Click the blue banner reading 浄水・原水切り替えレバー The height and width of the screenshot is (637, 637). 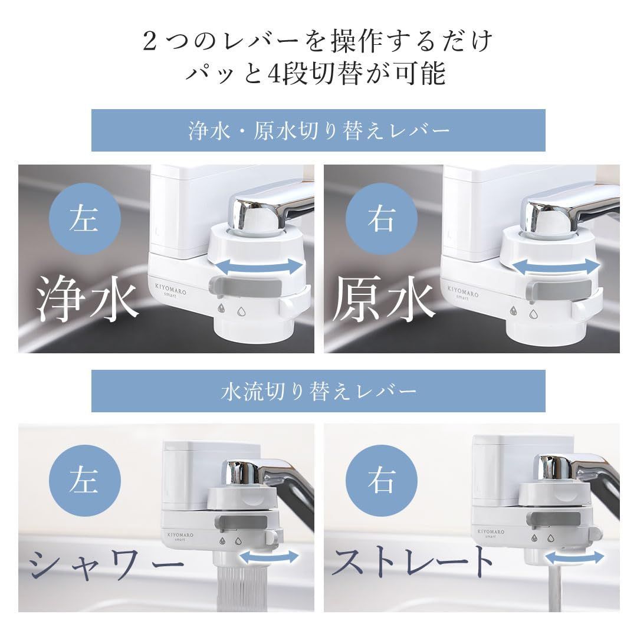(318, 130)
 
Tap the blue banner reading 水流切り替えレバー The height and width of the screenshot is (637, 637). (318, 391)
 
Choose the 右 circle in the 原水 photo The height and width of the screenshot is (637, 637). (382, 219)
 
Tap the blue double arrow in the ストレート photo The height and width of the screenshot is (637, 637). (574, 557)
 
